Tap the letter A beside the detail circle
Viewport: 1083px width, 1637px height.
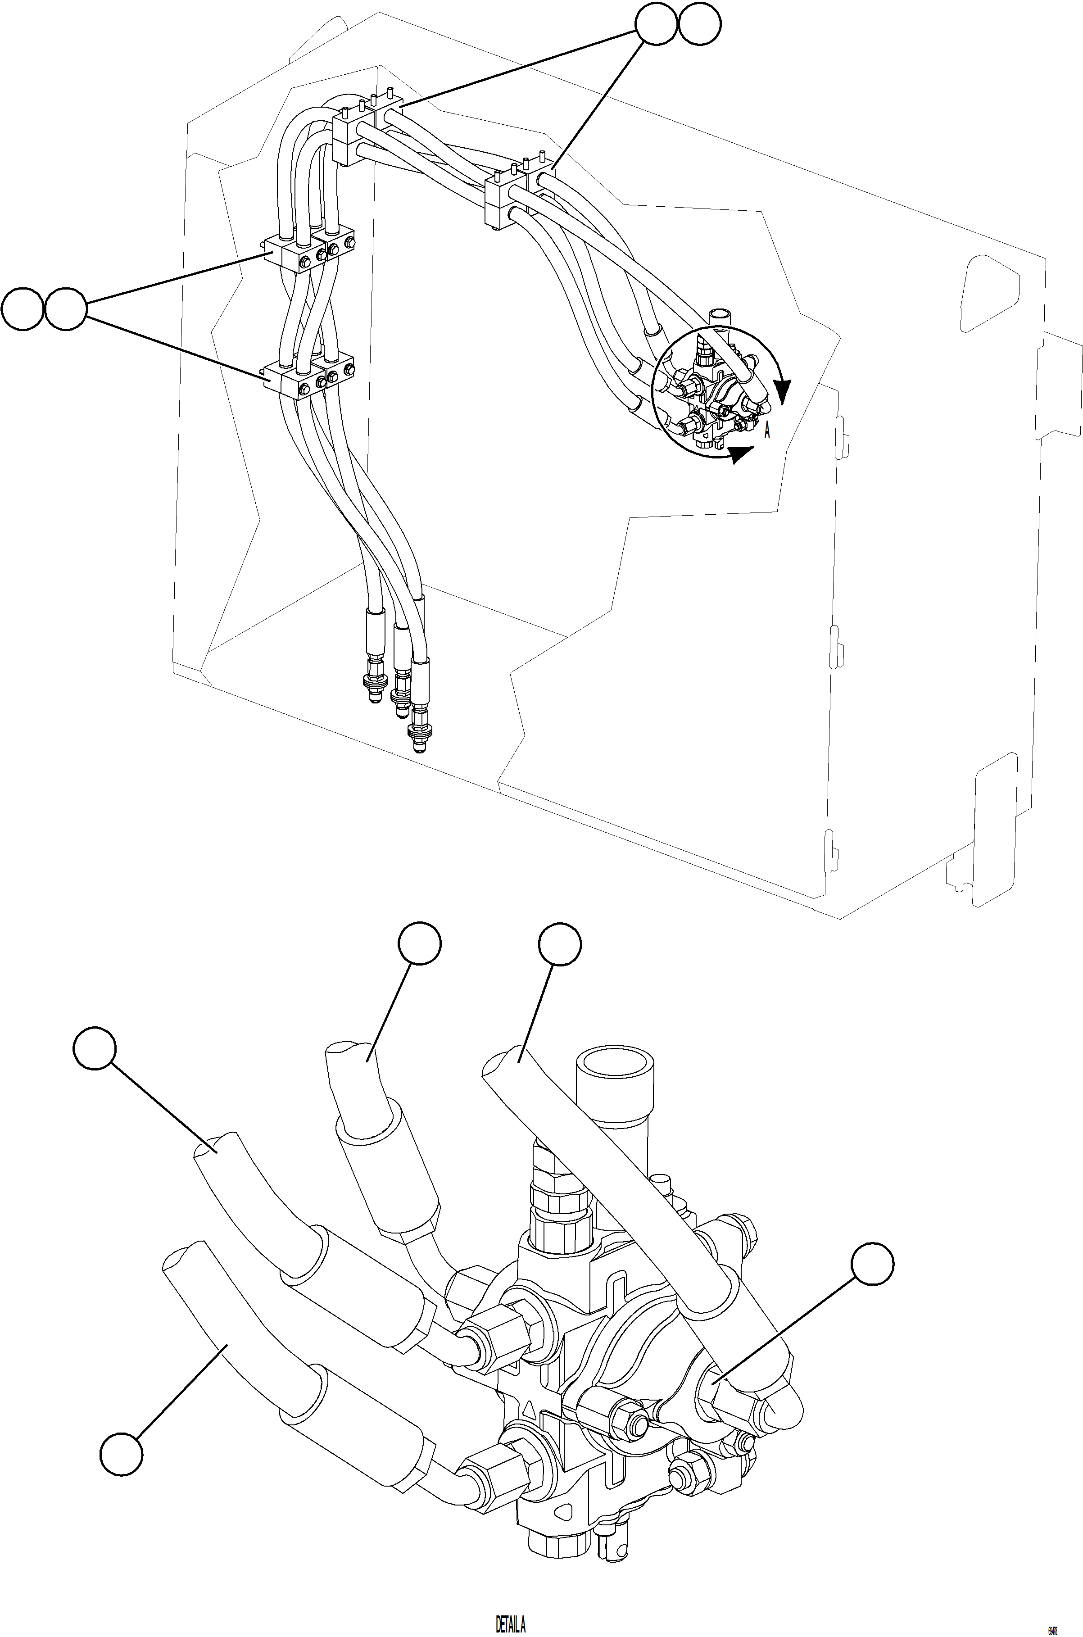(x=767, y=431)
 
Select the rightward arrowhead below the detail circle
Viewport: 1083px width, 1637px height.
(x=742, y=454)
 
